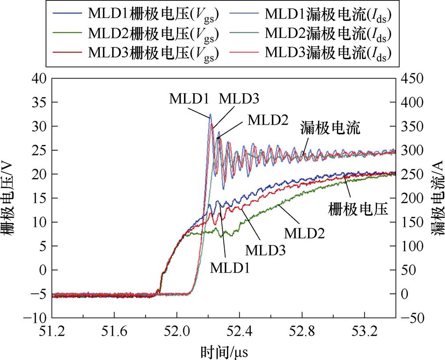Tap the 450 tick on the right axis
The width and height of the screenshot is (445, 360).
tap(412, 79)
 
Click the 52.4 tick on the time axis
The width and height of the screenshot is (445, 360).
tap(239, 331)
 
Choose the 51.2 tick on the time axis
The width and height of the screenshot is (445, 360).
tap(52, 331)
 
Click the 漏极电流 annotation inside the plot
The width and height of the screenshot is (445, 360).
tap(331, 129)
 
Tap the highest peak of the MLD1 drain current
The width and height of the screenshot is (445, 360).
tap(211, 114)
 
